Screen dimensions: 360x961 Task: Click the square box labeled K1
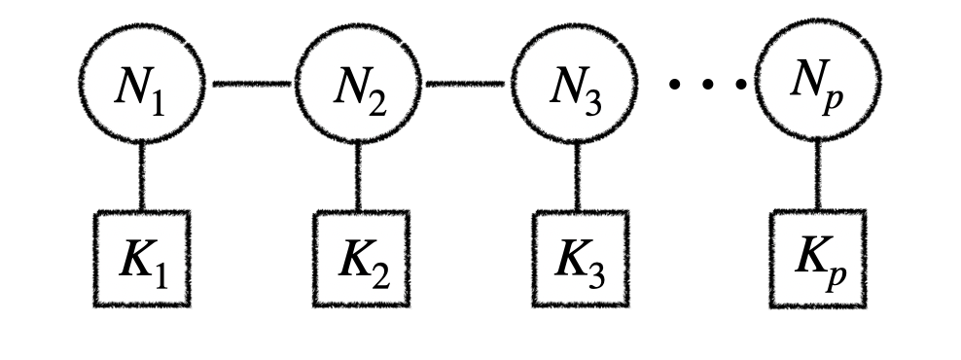click(142, 259)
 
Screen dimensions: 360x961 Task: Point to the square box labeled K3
click(576, 259)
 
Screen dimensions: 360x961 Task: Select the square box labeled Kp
click(816, 259)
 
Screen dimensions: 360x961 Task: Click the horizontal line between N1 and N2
click(250, 85)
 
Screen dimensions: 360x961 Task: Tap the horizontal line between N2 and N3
click(467, 85)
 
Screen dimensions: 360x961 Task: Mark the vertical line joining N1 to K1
click(142, 176)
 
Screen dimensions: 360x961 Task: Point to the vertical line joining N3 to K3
click(576, 176)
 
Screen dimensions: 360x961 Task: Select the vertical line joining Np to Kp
click(816, 176)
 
